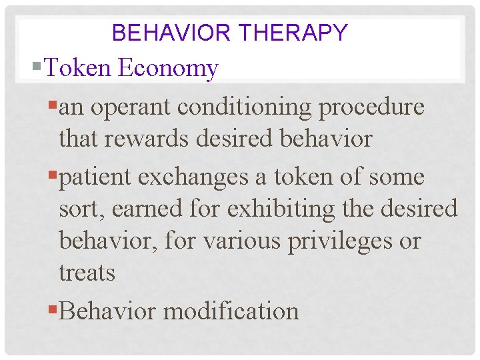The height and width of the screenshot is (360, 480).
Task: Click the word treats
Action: tap(87, 273)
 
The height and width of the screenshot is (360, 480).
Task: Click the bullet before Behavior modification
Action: tap(53, 311)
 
